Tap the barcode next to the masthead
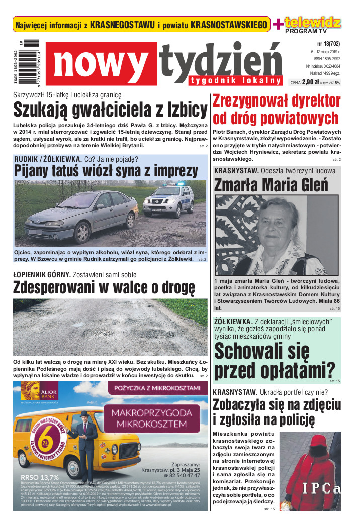[x=30, y=63]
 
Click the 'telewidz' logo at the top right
[x=312, y=22]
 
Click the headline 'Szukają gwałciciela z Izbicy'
[x=110, y=109]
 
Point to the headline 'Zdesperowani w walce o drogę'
[x=104, y=287]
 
